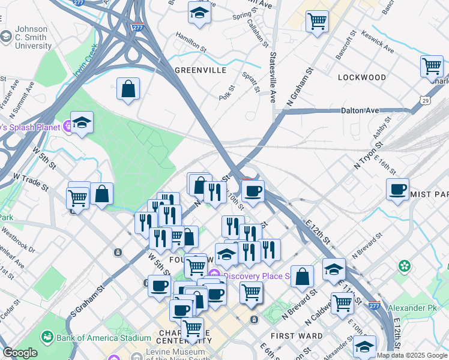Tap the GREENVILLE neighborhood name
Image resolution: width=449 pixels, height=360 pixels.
[x=200, y=70]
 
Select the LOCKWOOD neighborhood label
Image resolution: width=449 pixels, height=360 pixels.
[x=362, y=77]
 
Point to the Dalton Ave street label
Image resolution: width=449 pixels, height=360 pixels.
[x=360, y=110]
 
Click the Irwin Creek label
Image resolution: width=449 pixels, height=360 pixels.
[x=85, y=63]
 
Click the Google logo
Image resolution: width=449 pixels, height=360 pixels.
[x=20, y=353]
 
